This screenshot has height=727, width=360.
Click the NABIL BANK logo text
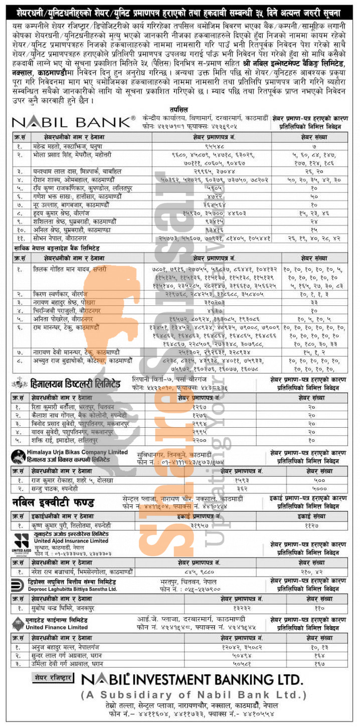click(73, 122)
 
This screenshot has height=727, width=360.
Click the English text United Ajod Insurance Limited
click(71, 541)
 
